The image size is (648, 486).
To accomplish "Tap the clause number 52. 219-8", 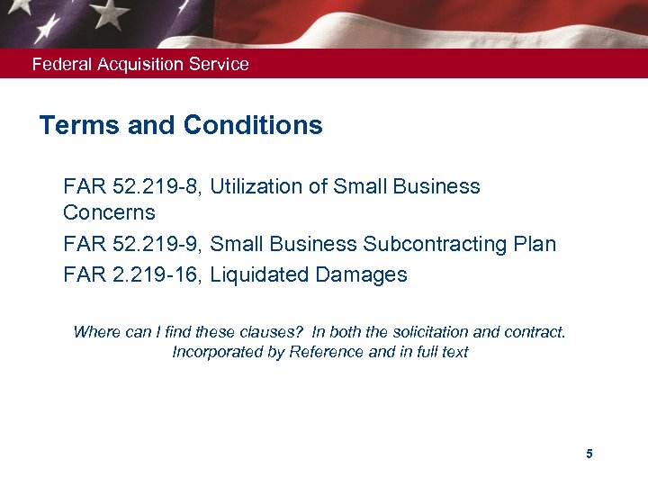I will [x=158, y=187].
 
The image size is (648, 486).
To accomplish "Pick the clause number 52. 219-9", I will [x=158, y=245].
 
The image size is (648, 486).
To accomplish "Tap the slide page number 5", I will [x=589, y=454].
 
